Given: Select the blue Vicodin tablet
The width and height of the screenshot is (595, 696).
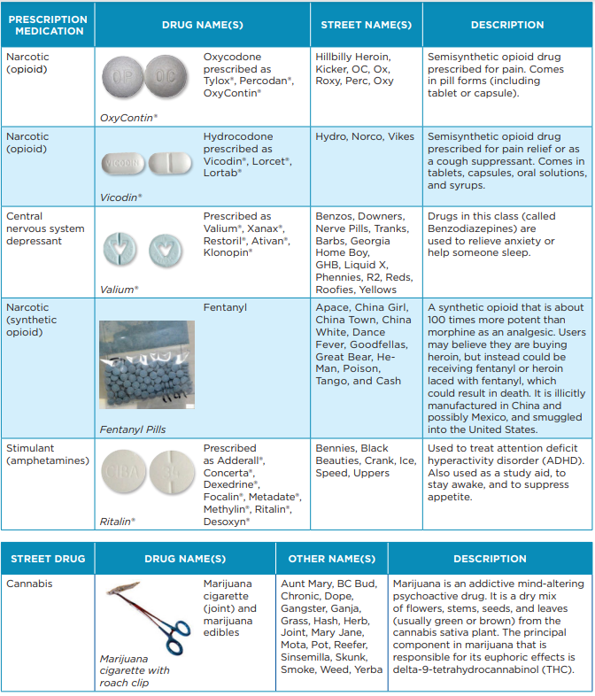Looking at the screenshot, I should click(123, 165).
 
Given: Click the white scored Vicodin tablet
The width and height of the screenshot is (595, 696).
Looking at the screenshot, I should click(170, 165).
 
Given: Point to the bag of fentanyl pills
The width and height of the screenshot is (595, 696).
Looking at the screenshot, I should click(147, 365).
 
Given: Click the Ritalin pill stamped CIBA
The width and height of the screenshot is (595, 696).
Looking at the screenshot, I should click(122, 471).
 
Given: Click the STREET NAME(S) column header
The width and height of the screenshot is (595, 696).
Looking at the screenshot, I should click(366, 25).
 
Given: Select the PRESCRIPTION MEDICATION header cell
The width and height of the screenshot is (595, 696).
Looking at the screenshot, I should click(47, 25).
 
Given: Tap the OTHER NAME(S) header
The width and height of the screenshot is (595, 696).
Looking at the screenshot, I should click(331, 559).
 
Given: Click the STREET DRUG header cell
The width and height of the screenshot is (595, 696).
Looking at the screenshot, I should click(48, 559).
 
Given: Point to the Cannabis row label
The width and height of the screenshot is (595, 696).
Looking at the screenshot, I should click(30, 584).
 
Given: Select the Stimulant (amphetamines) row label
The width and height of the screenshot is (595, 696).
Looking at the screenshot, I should click(47, 454).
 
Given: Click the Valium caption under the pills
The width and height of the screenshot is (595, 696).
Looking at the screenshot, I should click(118, 289).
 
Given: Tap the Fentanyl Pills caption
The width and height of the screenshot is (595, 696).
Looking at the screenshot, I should click(133, 429).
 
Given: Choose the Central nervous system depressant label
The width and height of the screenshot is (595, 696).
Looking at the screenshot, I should click(45, 228).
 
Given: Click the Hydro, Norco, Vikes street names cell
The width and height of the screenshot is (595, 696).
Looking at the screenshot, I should click(364, 137).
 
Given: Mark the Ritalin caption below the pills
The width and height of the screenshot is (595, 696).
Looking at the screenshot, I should click(118, 522).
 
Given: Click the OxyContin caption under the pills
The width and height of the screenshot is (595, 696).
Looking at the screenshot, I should click(128, 117).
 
